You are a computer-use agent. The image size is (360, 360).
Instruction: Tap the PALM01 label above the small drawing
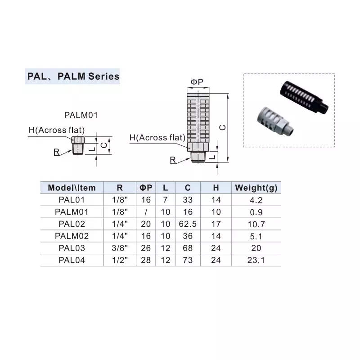tap(81, 115)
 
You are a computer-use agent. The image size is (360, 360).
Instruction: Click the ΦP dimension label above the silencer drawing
tap(197, 82)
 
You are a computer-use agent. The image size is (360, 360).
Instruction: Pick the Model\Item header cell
tap(72, 188)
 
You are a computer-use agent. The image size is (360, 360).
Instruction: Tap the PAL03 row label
tap(72, 247)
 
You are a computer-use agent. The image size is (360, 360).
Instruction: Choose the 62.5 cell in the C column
tap(187, 224)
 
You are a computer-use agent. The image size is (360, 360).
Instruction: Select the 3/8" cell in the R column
tap(120, 247)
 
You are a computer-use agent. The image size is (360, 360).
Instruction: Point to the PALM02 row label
tap(72, 236)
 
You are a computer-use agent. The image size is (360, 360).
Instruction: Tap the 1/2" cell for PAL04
tap(120, 260)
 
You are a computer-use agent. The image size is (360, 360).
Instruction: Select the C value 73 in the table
tap(187, 260)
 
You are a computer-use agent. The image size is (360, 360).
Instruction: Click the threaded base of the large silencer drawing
tap(198, 157)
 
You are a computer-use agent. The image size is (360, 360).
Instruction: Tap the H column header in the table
tap(216, 188)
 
